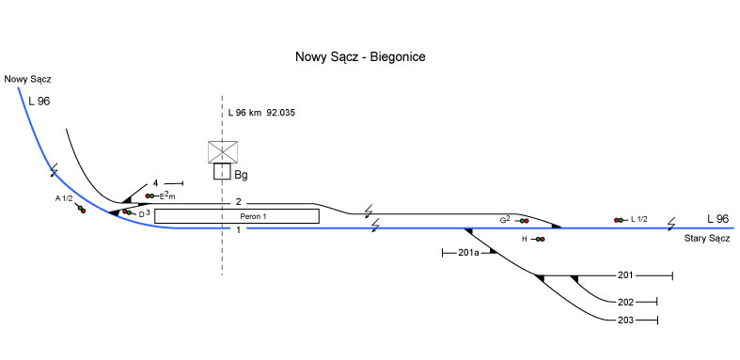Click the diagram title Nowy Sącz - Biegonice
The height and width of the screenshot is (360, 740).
click(360, 57)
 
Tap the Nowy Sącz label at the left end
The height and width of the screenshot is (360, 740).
click(27, 79)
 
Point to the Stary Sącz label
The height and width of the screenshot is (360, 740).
click(707, 239)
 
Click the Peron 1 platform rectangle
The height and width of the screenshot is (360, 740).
click(237, 216)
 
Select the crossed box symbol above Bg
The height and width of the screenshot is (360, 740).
click(223, 152)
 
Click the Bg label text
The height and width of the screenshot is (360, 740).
click(241, 176)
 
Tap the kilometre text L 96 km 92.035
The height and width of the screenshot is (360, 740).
click(261, 113)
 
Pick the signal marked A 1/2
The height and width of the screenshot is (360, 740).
click(81, 209)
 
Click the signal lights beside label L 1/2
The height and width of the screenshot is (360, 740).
click(619, 220)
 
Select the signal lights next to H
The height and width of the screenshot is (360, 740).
click(540, 239)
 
